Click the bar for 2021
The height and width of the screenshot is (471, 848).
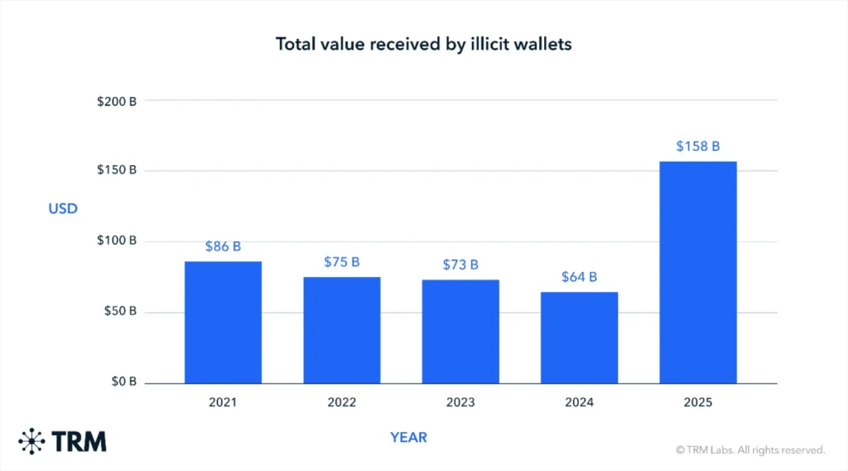coord(223,323)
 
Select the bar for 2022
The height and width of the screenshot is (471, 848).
coord(341,330)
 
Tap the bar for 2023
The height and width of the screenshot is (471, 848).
coord(460,332)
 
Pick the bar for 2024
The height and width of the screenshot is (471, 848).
coord(579,337)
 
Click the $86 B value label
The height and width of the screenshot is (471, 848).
coord(223,246)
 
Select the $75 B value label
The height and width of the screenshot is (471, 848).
coord(341,262)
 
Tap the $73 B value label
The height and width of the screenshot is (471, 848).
coord(460,265)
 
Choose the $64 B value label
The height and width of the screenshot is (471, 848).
coord(579,277)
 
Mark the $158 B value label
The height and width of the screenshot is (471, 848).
coord(697,146)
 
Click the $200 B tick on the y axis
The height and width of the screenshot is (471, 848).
coord(116,100)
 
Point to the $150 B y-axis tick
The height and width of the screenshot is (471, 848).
coord(116,170)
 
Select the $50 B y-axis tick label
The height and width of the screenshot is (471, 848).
coord(119,312)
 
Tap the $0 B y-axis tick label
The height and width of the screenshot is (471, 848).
coord(123,383)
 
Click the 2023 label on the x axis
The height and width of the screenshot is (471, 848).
coord(460,403)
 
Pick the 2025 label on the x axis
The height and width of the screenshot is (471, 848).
coord(697,403)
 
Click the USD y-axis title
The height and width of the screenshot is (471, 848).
coord(63,208)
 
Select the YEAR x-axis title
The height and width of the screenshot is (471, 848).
coord(408,437)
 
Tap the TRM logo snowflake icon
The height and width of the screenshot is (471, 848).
coord(32,441)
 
